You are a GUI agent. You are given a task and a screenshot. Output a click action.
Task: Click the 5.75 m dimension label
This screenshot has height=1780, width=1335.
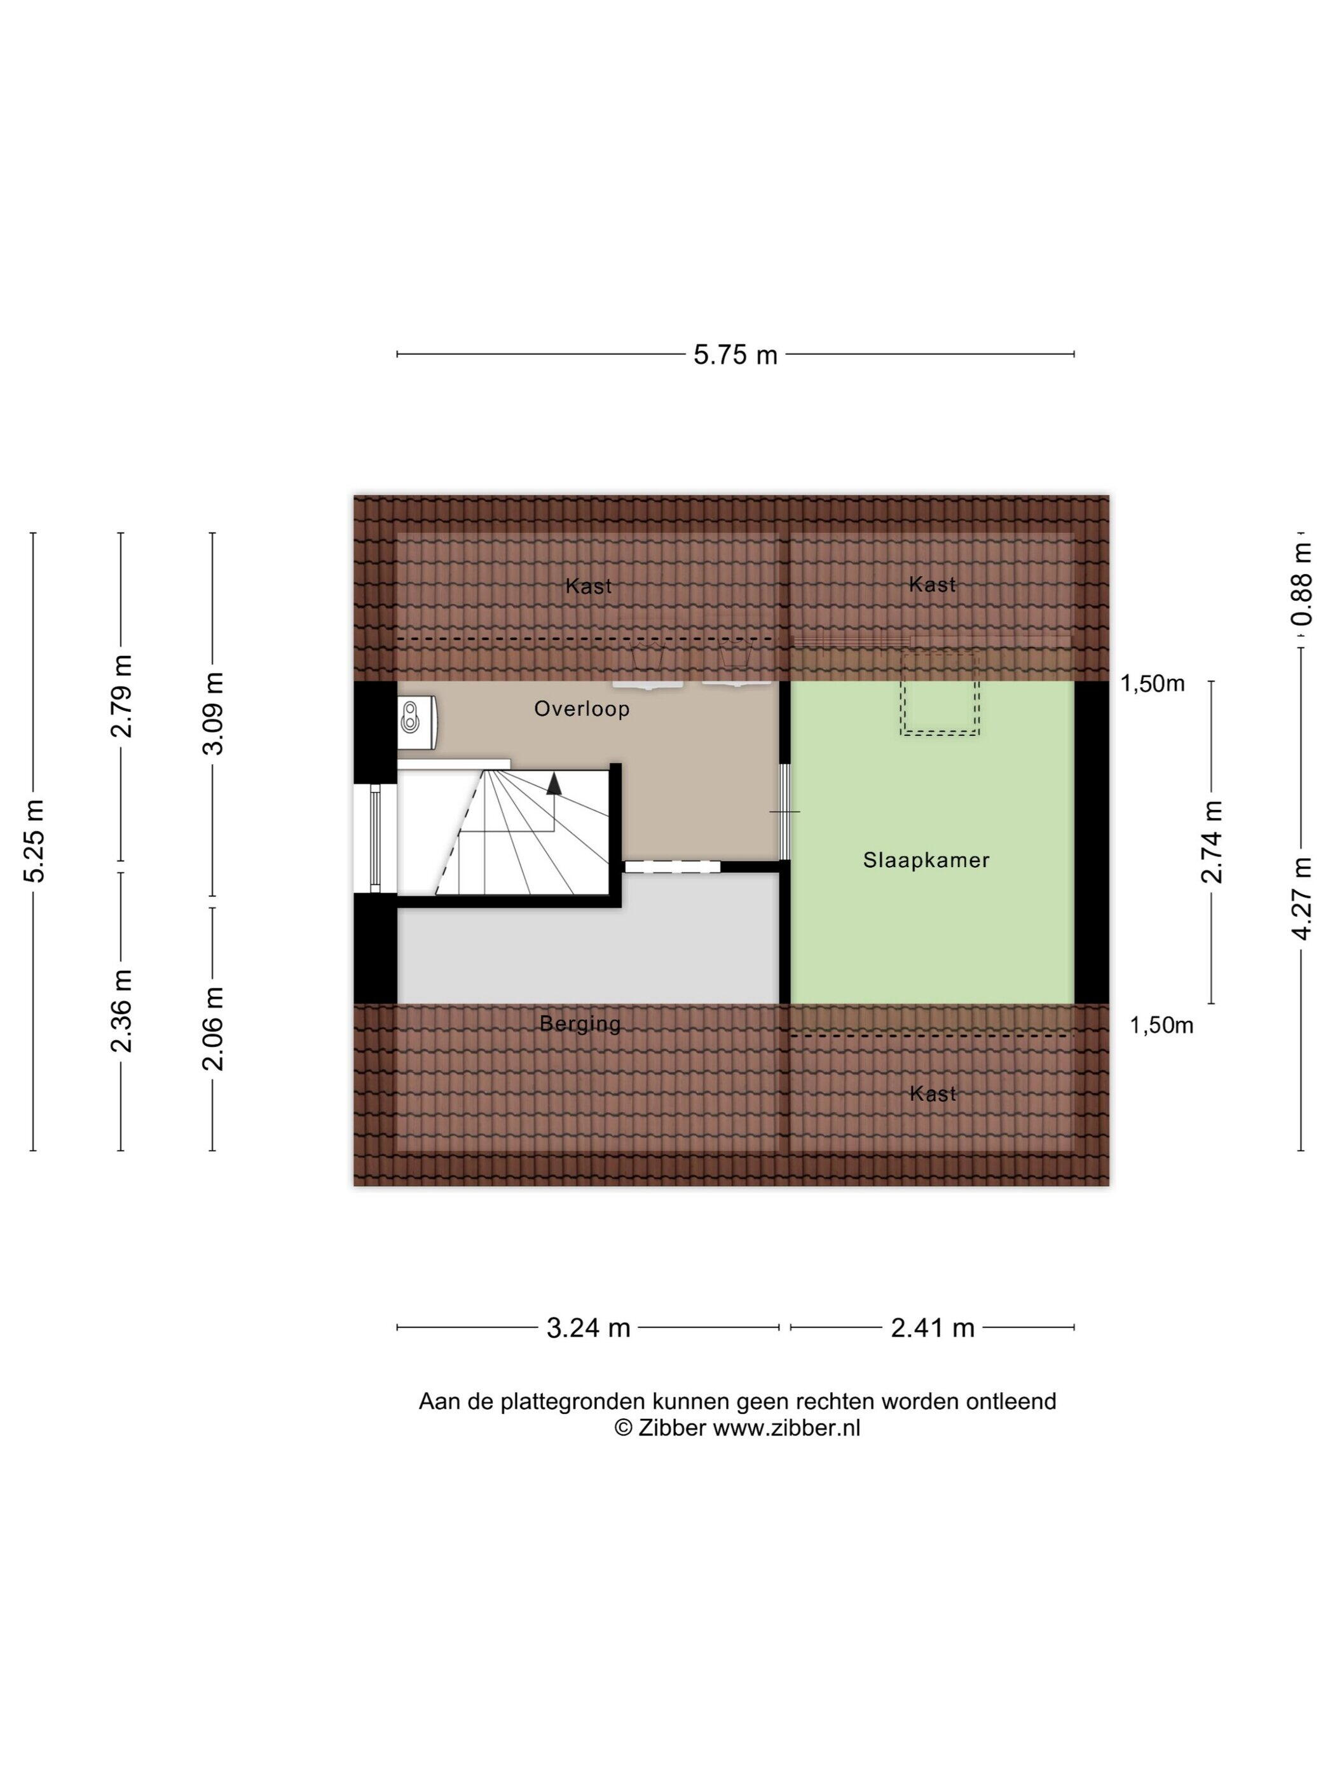tap(736, 355)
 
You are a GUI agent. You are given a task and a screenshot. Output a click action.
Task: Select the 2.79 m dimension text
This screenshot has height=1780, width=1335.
tap(122, 696)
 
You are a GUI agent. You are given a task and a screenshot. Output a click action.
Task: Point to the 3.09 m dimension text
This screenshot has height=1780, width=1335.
tap(213, 713)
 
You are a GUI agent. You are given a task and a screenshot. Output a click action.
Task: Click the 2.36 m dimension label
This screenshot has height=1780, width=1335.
tap(122, 1011)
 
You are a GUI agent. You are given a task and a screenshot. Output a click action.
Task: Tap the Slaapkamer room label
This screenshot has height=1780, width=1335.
tap(926, 860)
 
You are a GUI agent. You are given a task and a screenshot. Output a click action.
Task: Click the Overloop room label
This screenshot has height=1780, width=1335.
tap(582, 709)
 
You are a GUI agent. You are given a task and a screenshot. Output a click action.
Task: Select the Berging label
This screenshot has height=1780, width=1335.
tap(580, 1024)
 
